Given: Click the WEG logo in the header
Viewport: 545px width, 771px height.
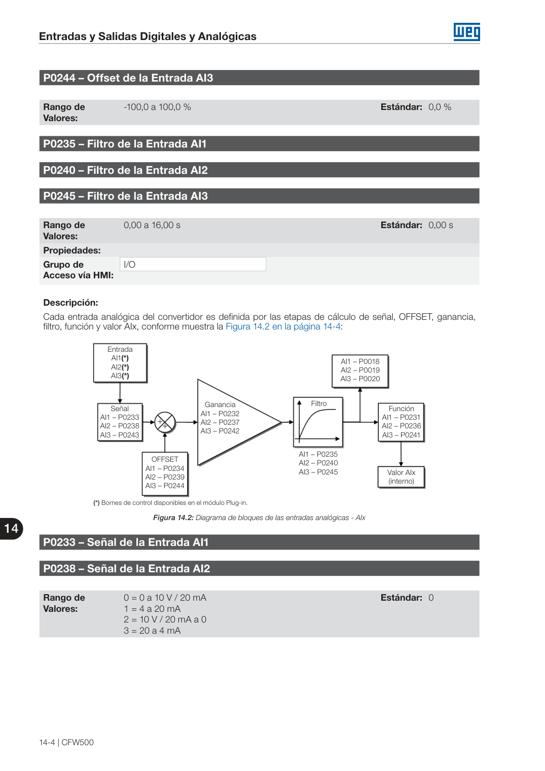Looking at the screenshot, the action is pyautogui.click(x=466, y=32).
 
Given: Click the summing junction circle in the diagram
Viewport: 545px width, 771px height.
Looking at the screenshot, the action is pyautogui.click(x=165, y=422).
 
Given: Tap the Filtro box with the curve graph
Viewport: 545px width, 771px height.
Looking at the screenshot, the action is pyautogui.click(x=318, y=422).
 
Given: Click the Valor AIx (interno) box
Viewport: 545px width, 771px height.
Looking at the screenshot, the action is pyautogui.click(x=401, y=477).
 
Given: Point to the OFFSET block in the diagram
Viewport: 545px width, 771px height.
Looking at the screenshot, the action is pyautogui.click(x=165, y=473).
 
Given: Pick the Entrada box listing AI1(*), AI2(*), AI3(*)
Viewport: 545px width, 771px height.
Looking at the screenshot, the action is pyautogui.click(x=120, y=363).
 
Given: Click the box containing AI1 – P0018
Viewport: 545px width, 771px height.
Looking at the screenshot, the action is pyautogui.click(x=360, y=371).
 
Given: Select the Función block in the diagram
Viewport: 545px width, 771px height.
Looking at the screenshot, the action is pyautogui.click(x=401, y=422).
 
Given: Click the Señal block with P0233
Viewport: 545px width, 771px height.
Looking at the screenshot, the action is pyautogui.click(x=120, y=422).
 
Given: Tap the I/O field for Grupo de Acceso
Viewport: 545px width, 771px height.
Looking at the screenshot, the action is pyautogui.click(x=193, y=264).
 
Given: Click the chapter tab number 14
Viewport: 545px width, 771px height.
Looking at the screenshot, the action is pyautogui.click(x=11, y=528).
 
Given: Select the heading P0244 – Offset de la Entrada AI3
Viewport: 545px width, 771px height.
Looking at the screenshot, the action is pyautogui.click(x=128, y=78).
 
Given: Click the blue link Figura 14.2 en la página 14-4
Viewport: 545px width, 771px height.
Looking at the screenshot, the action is pyautogui.click(x=283, y=326).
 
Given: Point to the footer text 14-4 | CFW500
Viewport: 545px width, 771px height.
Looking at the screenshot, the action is pyautogui.click(x=66, y=743).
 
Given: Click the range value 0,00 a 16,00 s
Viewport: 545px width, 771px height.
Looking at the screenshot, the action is pyautogui.click(x=152, y=225).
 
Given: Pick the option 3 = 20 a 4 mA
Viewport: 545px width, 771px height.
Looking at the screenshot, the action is pyautogui.click(x=152, y=631).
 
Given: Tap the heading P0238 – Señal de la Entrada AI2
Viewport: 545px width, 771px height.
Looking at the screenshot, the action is pyautogui.click(x=126, y=568).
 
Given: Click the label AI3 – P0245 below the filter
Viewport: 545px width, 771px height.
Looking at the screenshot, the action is pyautogui.click(x=318, y=472).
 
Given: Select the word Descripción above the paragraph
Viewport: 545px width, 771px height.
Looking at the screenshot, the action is pyautogui.click(x=70, y=303).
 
